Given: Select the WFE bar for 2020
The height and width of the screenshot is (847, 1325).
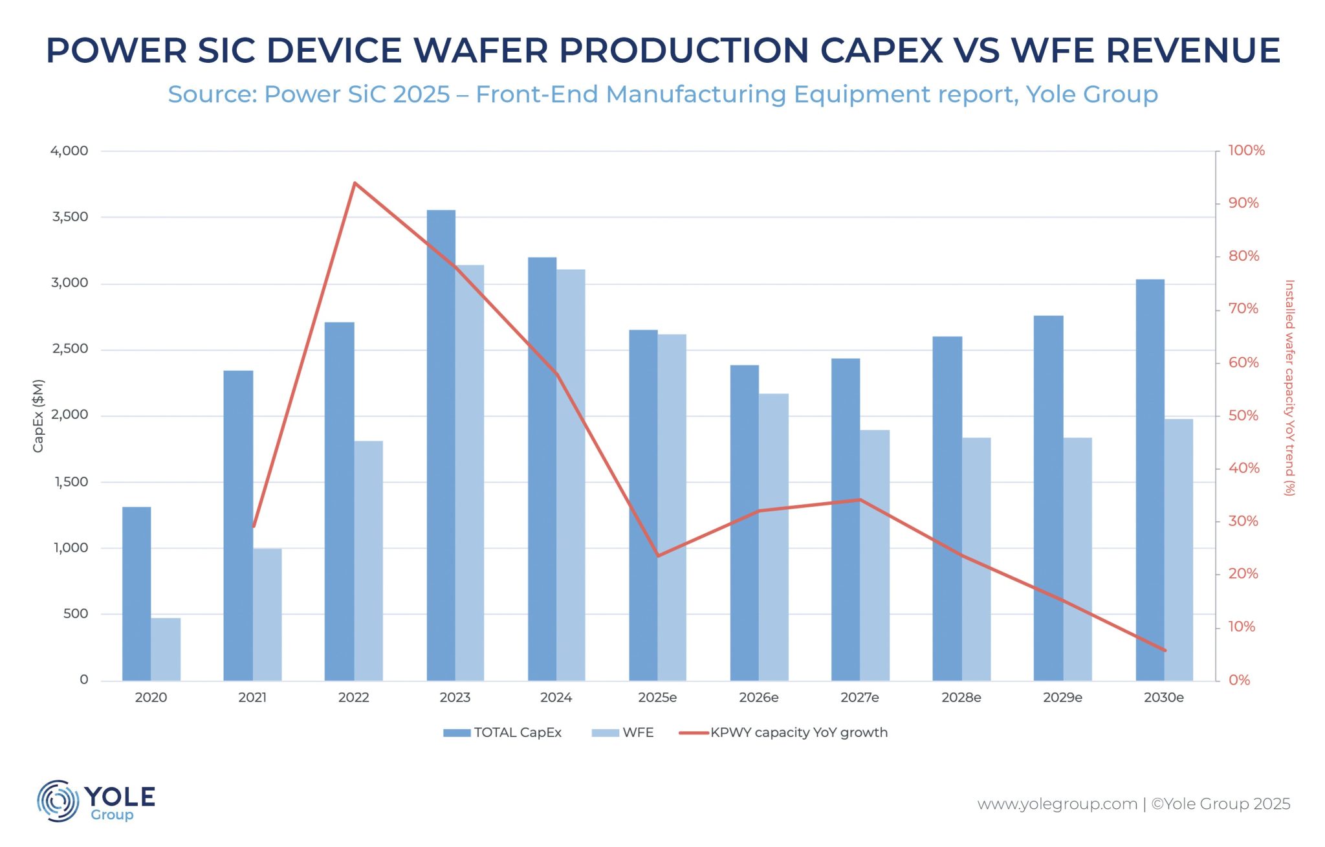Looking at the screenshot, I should [x=166, y=649].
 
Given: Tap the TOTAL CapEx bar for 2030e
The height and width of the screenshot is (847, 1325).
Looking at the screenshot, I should [x=1150, y=479].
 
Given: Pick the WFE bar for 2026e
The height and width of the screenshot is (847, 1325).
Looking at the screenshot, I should [x=773, y=537].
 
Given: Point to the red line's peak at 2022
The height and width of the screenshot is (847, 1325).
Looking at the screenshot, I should [x=355, y=183].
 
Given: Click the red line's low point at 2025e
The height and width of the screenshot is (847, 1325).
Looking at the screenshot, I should [x=657, y=556].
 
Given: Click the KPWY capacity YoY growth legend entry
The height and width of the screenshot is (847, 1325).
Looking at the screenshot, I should [x=783, y=732].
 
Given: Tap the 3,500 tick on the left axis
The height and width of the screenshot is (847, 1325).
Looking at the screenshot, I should [x=70, y=217].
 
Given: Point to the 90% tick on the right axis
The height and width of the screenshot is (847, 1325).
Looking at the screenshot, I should [x=1243, y=203].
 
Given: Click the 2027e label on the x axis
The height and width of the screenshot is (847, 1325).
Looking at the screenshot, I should [x=859, y=698].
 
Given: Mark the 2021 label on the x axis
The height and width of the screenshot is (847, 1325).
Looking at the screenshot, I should [x=252, y=698].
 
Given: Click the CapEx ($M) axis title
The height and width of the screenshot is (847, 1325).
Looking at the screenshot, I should [x=38, y=415].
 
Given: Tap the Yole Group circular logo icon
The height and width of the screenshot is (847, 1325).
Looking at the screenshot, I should [x=58, y=801].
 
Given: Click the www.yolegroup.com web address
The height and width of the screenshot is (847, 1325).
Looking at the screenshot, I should [x=1057, y=804].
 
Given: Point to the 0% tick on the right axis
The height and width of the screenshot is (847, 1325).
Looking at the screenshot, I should [x=1239, y=680].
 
